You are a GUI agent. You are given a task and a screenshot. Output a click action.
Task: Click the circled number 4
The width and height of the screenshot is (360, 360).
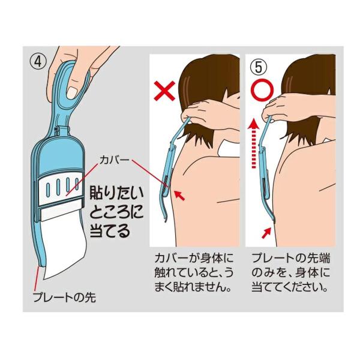click(x=38, y=62)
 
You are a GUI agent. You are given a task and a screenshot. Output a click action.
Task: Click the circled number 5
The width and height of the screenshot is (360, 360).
click(x=259, y=67)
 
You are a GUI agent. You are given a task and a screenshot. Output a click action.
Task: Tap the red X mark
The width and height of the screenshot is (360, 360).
click(x=165, y=91)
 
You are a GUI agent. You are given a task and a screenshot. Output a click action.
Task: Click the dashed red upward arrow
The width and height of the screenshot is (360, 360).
click(x=253, y=143)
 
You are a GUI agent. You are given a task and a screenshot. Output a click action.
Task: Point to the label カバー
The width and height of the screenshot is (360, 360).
click(x=114, y=160)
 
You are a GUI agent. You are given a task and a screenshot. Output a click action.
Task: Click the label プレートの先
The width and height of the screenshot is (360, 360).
click(x=64, y=298)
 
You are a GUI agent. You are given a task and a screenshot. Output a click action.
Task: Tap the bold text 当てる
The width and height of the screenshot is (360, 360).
click(x=110, y=230)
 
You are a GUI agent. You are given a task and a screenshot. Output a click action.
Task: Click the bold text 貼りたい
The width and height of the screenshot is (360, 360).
click(x=116, y=193)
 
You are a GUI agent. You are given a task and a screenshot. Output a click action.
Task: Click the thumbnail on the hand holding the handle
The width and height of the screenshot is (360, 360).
click(x=71, y=92)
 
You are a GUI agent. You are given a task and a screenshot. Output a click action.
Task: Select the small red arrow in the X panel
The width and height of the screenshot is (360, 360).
click(x=179, y=195)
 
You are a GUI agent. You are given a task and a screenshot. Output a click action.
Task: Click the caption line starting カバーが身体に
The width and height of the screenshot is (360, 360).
click(x=194, y=259)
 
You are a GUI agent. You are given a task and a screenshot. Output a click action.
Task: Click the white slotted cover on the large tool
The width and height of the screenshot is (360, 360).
click(x=61, y=187)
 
